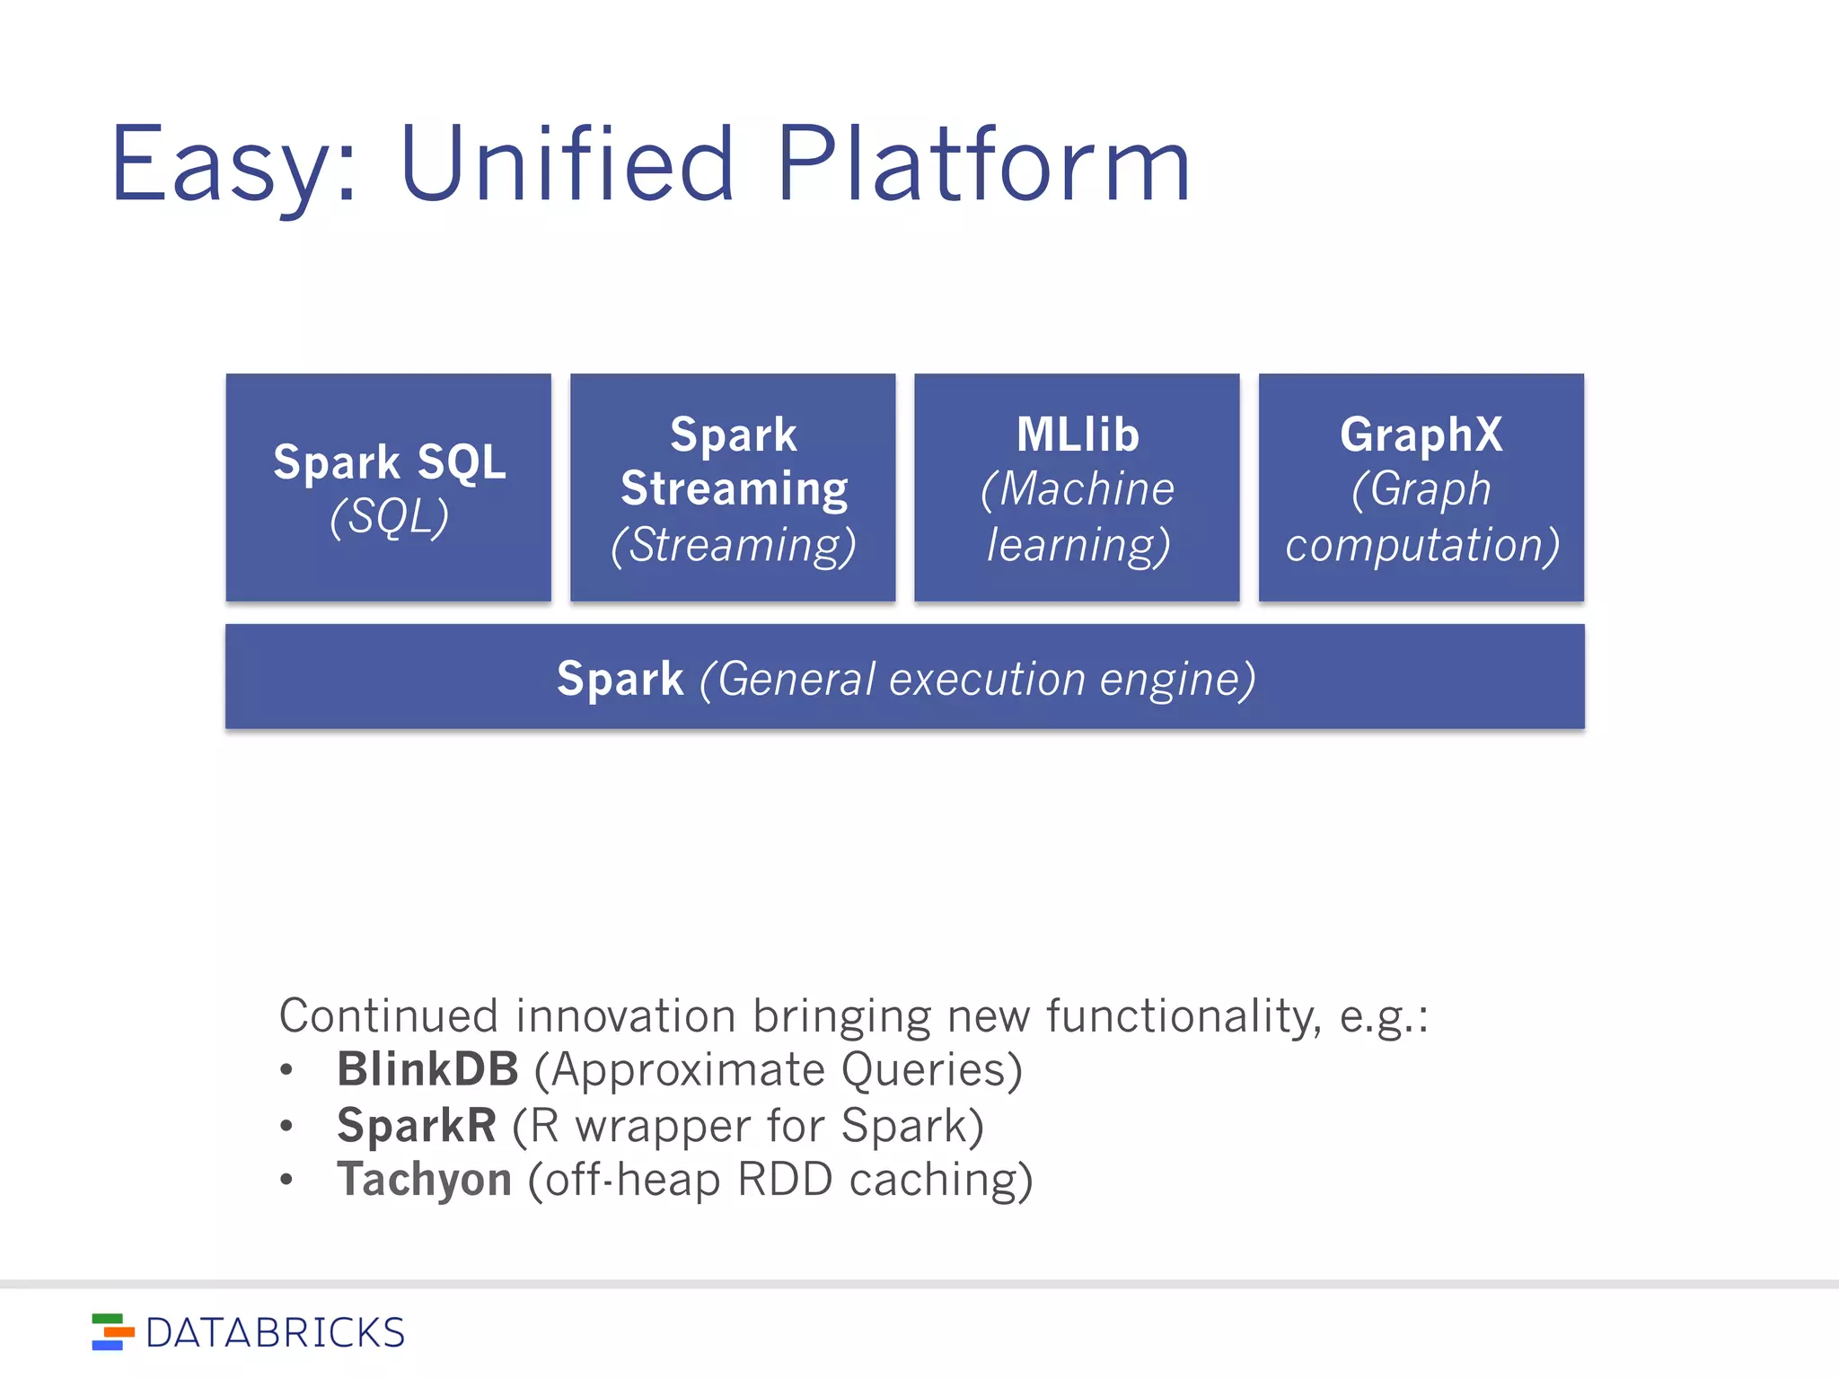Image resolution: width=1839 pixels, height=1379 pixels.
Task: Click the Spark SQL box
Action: [389, 487]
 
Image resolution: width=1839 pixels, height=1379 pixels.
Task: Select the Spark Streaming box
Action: [733, 487]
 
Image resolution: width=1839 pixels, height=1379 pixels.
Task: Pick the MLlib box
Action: [1077, 487]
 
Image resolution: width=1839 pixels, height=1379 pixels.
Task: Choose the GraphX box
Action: [1421, 487]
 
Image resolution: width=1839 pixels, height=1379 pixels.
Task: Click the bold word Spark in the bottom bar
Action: [620, 679]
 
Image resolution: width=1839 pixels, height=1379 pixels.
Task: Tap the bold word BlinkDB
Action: [427, 1070]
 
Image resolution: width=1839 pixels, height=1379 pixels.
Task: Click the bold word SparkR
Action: [416, 1126]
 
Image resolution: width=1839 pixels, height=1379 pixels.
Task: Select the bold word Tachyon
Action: [424, 1180]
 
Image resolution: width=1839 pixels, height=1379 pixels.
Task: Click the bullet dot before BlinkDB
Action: [286, 1070]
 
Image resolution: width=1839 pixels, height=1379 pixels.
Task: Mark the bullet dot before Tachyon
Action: [286, 1180]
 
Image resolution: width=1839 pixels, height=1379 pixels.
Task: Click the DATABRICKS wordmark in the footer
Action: [275, 1333]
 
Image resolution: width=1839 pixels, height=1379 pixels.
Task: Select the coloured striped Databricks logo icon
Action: [112, 1332]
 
